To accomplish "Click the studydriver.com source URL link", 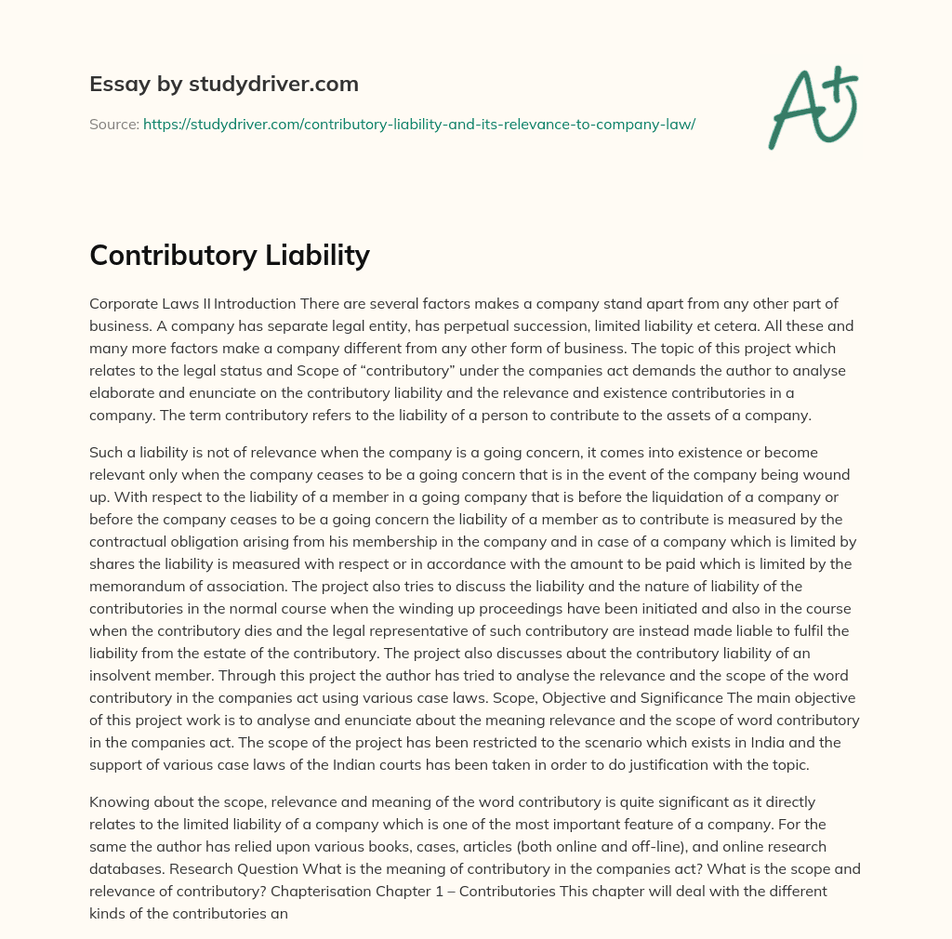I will coord(418,124).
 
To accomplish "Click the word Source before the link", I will coord(113,124).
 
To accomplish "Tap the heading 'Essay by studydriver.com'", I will coord(223,84).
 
